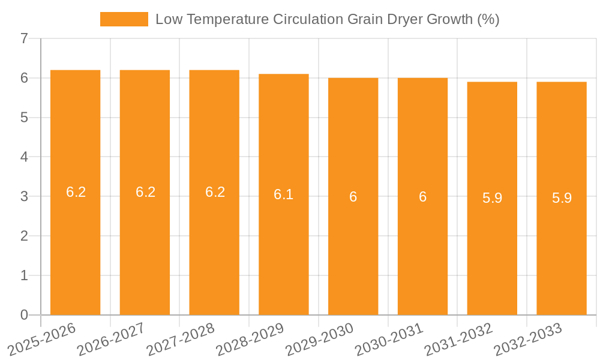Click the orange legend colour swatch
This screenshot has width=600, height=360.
(124, 19)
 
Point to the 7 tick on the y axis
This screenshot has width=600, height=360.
(24, 39)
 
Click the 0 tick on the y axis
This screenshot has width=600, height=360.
(24, 315)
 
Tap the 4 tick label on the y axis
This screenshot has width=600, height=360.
(24, 157)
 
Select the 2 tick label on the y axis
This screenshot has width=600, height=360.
(24, 236)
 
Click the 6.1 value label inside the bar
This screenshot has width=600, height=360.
(284, 194)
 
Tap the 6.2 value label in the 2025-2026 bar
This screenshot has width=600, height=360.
(76, 192)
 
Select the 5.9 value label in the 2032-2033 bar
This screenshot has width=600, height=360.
(562, 198)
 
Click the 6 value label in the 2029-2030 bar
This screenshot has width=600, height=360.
(353, 197)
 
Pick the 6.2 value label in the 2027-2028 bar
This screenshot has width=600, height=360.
(215, 192)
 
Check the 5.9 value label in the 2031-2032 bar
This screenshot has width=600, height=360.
(492, 198)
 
